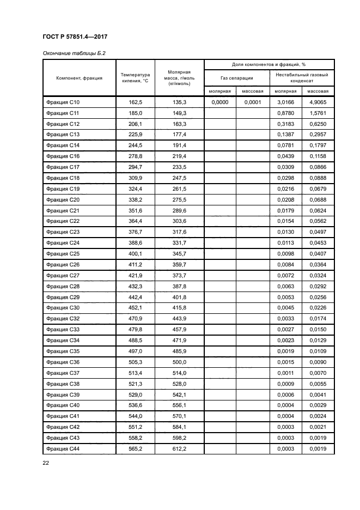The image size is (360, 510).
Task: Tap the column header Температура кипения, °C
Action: tap(135, 78)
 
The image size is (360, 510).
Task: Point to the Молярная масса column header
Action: tap(179, 78)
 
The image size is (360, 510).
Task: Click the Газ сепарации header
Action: tap(237, 78)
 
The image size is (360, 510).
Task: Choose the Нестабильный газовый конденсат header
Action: tap(301, 78)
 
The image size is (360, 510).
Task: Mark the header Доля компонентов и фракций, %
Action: tap(269, 64)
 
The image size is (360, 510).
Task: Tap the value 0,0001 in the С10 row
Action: tap(253, 102)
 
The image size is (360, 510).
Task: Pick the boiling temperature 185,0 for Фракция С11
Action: tap(135, 113)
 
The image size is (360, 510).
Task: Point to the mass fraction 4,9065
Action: tap(318, 102)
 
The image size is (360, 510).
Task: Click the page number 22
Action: tap(46, 463)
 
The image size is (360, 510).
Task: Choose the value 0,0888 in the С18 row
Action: tap(318, 178)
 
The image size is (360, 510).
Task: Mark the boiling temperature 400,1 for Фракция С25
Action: tap(135, 253)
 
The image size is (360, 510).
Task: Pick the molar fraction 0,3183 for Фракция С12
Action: tap(285, 124)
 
